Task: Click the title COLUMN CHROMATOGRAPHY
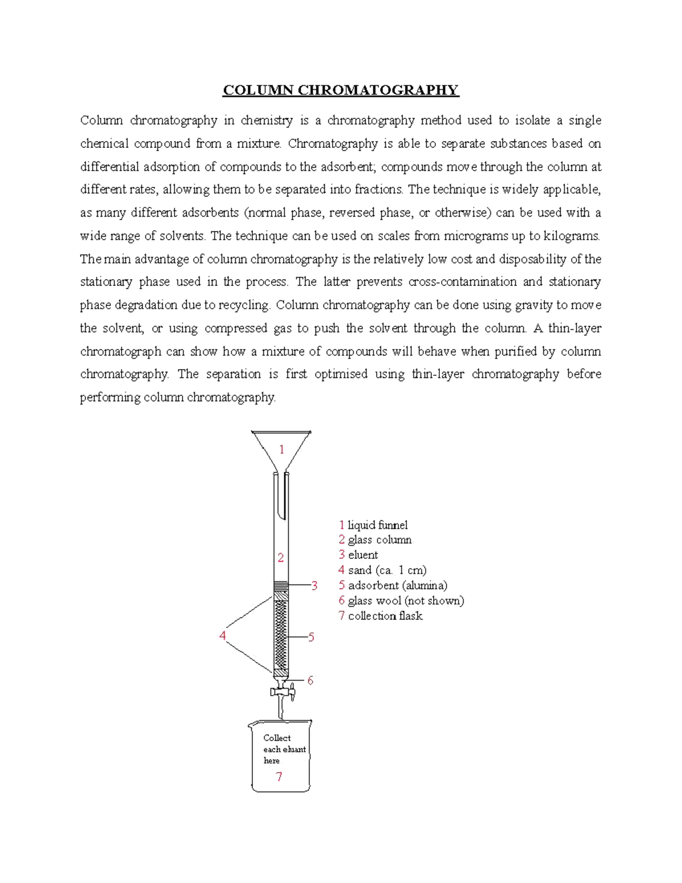click(340, 90)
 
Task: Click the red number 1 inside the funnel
click(281, 450)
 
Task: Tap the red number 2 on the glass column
click(281, 558)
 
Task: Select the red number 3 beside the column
click(314, 586)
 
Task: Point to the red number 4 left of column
click(223, 636)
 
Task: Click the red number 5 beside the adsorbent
click(311, 637)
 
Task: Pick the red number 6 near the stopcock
click(310, 681)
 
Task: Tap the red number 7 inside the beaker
click(279, 777)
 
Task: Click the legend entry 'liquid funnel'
click(377, 525)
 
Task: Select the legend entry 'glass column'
click(380, 540)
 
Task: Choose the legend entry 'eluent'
click(363, 555)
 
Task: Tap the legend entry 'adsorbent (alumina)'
click(397, 586)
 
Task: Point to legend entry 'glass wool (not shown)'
click(406, 600)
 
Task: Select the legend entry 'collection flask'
click(385, 616)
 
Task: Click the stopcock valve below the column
click(281, 692)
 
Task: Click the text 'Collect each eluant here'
click(284, 749)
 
